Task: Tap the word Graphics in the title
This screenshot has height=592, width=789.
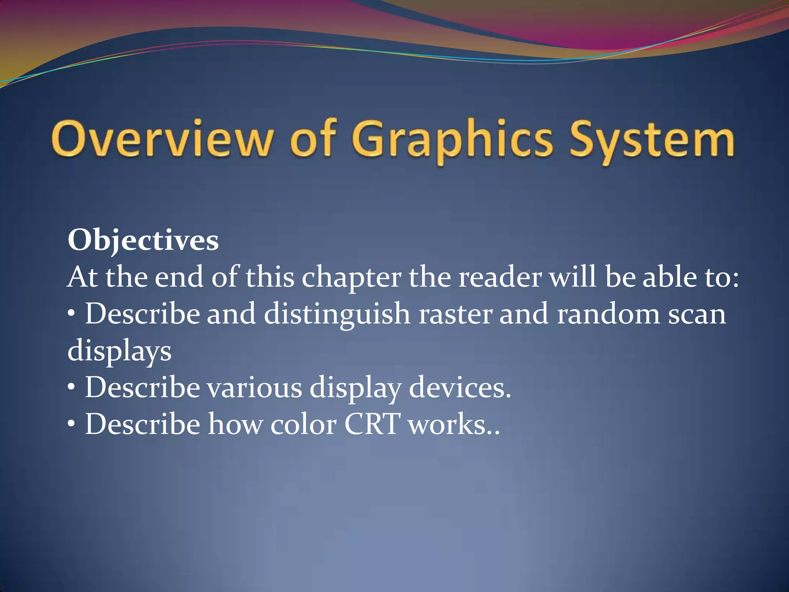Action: coord(452,141)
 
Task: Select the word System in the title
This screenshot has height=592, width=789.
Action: coord(652,141)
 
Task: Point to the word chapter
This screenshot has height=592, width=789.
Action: coord(351,277)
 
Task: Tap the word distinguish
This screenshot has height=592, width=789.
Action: coord(337,314)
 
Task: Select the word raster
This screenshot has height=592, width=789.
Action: coord(455,314)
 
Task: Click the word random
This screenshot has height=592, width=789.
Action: coord(609,314)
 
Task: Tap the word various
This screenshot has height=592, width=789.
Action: coord(255,388)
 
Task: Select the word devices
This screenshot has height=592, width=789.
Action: coord(460,388)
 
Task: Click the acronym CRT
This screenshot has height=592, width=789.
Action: coord(372,424)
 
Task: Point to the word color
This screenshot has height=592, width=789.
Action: coord(303,424)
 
